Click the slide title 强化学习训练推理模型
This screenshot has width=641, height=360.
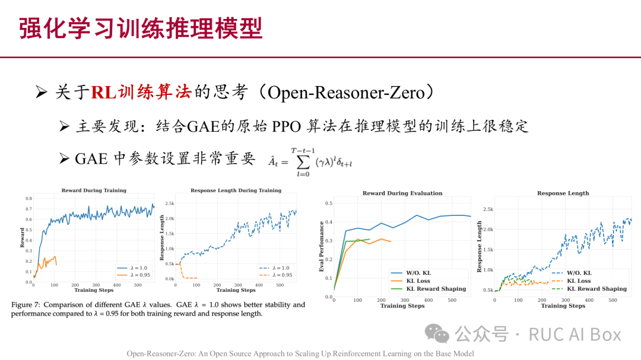[x=141, y=28]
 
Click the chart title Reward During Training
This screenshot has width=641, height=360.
[x=94, y=190]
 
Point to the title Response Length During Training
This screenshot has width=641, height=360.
[x=236, y=190]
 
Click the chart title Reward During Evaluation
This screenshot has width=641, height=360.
[x=402, y=193]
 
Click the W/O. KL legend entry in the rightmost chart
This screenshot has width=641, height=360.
[x=579, y=273]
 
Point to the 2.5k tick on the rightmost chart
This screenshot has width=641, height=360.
[x=488, y=209]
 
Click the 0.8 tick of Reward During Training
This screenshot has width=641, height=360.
[x=28, y=198]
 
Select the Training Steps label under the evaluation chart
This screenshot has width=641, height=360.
[x=402, y=306]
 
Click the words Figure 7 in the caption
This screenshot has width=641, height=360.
[x=27, y=305]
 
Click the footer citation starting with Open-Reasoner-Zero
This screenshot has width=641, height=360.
[x=300, y=353]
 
